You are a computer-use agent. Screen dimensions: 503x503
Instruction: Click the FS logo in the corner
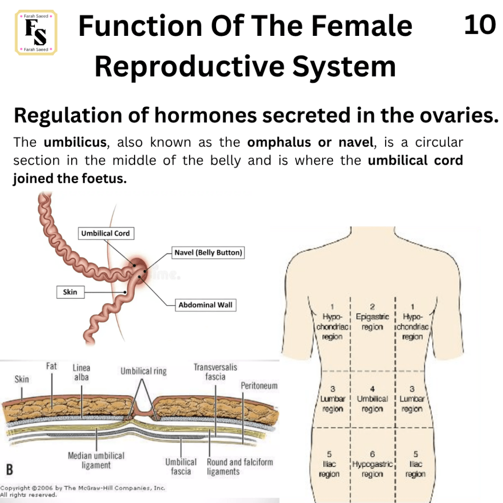(x=36, y=32)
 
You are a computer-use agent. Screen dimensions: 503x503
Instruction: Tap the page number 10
(x=480, y=25)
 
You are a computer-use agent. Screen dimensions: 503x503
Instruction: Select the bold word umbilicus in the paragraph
(x=75, y=142)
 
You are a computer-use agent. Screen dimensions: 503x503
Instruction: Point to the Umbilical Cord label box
(x=106, y=233)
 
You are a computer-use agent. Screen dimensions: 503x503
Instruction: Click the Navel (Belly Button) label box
(x=208, y=252)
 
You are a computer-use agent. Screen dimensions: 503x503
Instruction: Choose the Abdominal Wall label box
(x=206, y=305)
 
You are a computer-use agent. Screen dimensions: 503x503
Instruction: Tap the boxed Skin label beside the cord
(x=71, y=292)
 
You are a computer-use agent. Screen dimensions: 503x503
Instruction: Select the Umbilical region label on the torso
(x=372, y=399)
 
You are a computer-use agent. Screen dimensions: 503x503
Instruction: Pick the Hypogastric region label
(x=372, y=464)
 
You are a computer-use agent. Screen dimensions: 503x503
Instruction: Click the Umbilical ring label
(x=143, y=371)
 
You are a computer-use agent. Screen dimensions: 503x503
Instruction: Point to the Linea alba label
(x=82, y=372)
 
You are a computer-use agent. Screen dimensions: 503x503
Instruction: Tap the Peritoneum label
(x=259, y=386)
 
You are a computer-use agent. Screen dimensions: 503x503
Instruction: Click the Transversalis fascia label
(x=215, y=372)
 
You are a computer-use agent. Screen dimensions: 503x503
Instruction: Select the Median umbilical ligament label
(x=96, y=460)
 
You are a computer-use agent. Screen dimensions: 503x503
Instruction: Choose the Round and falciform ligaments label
(x=240, y=467)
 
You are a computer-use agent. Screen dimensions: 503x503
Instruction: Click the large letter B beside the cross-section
(x=10, y=470)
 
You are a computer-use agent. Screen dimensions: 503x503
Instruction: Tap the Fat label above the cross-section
(x=51, y=366)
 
